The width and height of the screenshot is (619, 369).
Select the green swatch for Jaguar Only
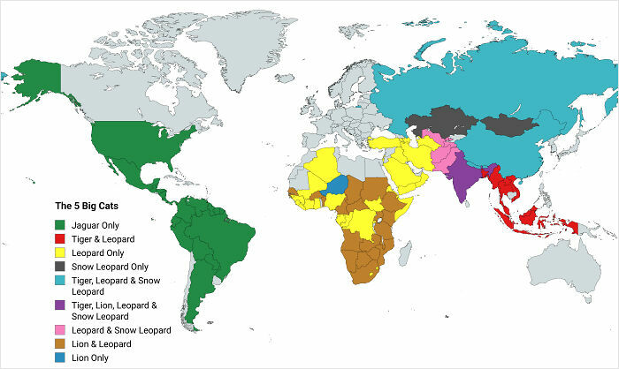[61, 226]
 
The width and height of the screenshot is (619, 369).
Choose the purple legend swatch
[61, 305]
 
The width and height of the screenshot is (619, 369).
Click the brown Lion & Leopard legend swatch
[61, 343]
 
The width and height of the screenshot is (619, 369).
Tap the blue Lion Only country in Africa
[337, 184]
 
